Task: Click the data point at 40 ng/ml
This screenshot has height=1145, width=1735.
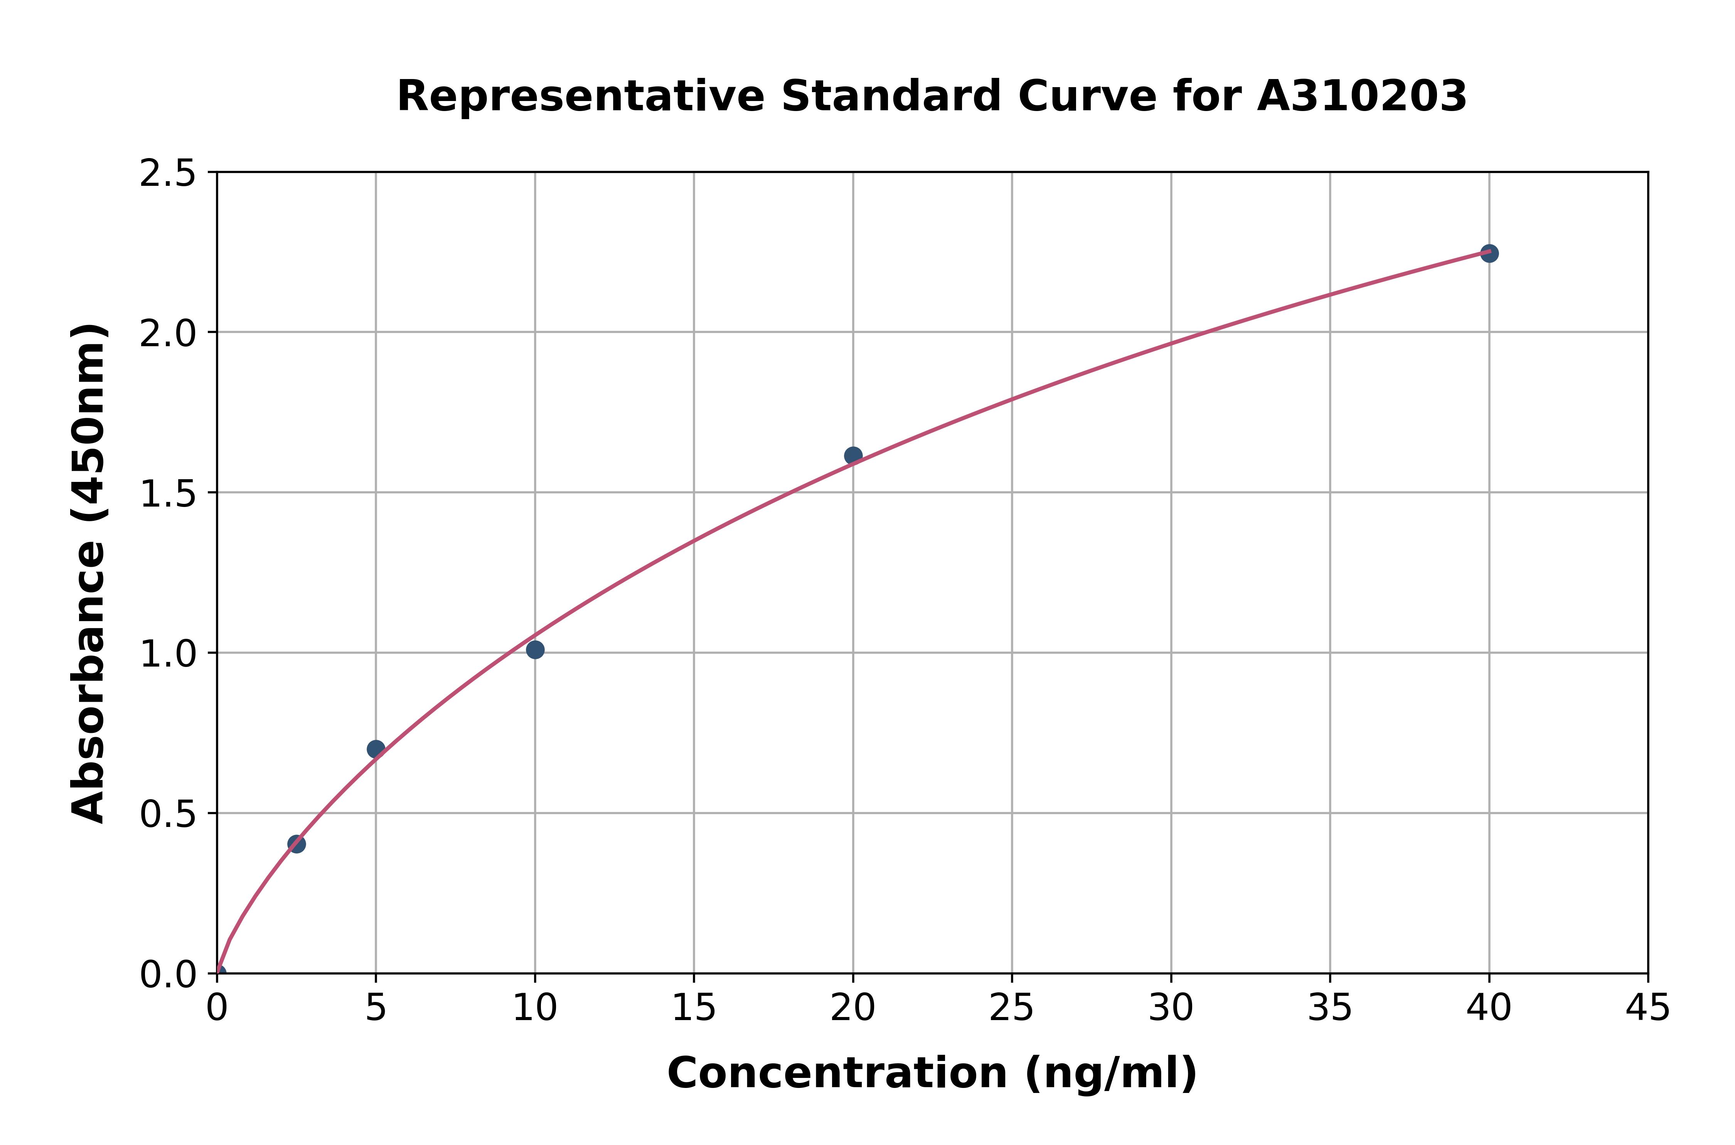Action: pos(1489,253)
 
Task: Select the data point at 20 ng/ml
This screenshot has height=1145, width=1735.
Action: pos(853,456)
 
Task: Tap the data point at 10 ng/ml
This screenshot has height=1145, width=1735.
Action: pos(535,650)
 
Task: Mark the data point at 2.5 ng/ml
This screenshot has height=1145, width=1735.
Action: pos(296,844)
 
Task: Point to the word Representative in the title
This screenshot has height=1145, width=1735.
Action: pos(581,96)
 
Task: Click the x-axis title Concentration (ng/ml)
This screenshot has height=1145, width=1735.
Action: pos(932,1073)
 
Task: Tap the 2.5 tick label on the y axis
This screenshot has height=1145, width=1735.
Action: pos(168,174)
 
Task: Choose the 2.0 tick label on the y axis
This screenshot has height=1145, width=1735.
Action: pos(168,334)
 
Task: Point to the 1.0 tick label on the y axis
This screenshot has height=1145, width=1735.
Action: pos(168,654)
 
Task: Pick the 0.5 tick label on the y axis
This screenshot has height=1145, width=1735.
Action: pos(168,814)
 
